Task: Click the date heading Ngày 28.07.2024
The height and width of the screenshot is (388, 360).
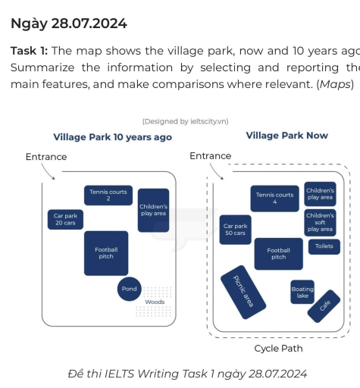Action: [69, 23]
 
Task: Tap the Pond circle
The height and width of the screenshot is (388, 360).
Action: [130, 289]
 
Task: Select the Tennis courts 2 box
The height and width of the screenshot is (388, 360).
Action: [108, 196]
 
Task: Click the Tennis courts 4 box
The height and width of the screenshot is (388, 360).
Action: [274, 199]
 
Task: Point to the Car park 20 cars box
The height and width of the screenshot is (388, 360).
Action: [64, 220]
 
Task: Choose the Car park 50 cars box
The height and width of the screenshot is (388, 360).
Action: [235, 229]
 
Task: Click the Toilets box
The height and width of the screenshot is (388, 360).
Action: [324, 246]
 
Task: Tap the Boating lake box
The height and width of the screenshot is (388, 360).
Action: [302, 292]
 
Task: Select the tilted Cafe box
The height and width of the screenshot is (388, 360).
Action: [325, 305]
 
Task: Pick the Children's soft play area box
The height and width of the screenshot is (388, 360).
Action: [320, 222]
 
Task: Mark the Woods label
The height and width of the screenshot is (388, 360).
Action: [155, 302]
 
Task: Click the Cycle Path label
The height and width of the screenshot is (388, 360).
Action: [278, 349]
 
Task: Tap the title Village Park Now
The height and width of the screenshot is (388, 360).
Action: [286, 136]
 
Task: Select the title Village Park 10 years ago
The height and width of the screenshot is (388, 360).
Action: [112, 137]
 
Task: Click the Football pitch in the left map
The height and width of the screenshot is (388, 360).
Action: [106, 253]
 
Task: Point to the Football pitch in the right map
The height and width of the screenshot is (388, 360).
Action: [278, 254]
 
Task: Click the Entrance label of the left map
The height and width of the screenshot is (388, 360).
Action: [46, 157]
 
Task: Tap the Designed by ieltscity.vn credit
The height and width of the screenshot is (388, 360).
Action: [185, 121]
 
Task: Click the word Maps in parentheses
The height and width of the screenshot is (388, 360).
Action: [336, 83]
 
